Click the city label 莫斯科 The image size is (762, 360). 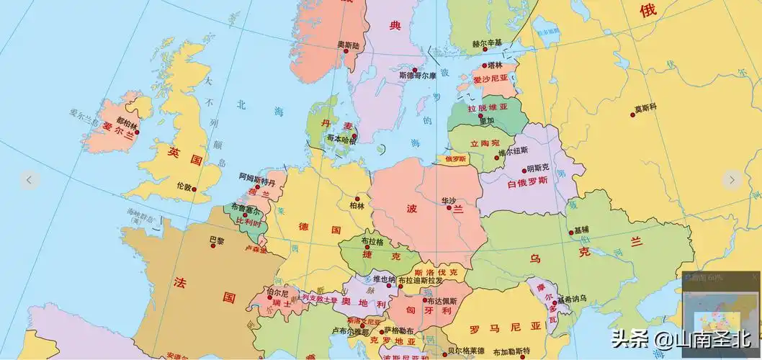click(645, 109)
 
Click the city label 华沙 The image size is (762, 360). click(449, 199)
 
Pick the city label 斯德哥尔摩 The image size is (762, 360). click(418, 75)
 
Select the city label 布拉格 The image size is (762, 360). click(372, 241)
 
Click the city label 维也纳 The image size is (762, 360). click(384, 279)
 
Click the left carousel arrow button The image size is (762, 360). click(29, 180)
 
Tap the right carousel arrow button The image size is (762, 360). click(732, 180)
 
